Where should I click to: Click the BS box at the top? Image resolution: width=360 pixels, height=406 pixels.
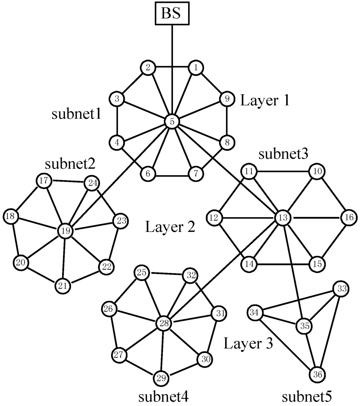[x=172, y=14]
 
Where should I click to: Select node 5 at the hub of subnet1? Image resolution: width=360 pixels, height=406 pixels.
[x=172, y=121]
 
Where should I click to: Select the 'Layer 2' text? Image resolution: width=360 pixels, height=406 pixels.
[x=170, y=228]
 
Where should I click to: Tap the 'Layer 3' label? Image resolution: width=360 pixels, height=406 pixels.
[x=248, y=343]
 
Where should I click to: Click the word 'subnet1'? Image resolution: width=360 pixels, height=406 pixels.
[x=77, y=114]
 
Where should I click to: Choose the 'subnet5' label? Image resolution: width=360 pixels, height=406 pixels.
[x=307, y=397]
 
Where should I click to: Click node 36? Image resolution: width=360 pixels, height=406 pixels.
[x=317, y=374]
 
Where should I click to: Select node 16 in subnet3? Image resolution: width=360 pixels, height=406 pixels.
[x=348, y=218]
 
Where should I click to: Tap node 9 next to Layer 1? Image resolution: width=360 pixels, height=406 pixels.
[x=227, y=99]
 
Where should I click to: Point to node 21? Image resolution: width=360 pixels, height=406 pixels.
[x=63, y=286]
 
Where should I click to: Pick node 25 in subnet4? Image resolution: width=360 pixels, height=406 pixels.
[x=142, y=273]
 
